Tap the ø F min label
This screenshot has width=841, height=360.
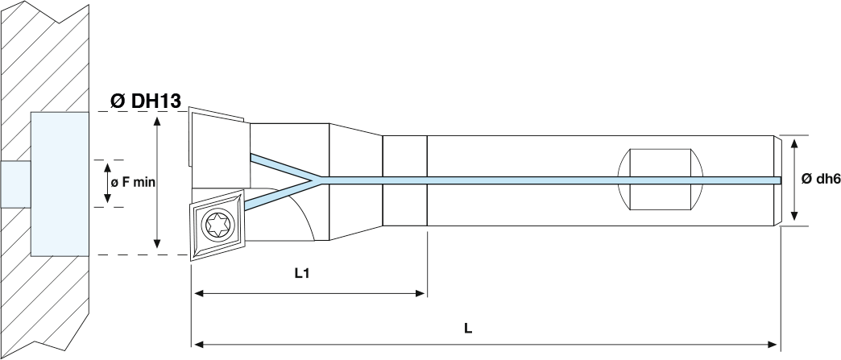coord(132,183)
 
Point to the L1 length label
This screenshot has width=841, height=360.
coord(302,274)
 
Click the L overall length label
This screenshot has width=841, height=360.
coord(468,328)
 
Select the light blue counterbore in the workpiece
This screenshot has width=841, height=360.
coord(59,184)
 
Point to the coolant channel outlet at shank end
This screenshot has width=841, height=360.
coord(778,179)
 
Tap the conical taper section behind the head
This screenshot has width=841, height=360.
coord(354,181)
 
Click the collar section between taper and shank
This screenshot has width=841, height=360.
coord(404,180)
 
